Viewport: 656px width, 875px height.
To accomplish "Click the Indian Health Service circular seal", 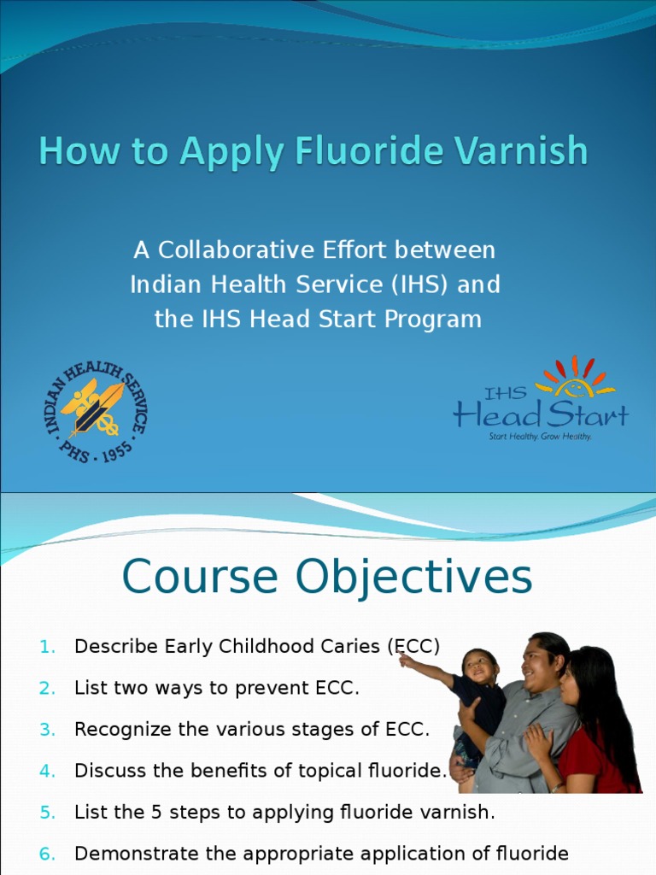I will (x=95, y=410).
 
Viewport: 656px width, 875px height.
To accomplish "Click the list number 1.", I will (x=47, y=647).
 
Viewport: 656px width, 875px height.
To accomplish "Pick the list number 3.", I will (x=47, y=730).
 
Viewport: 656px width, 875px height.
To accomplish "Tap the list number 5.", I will (x=47, y=813).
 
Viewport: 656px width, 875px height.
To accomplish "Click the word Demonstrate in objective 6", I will (x=130, y=854).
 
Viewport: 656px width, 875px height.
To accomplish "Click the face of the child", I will (x=480, y=667).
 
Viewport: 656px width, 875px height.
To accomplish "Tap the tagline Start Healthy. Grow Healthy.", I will (x=540, y=436).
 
